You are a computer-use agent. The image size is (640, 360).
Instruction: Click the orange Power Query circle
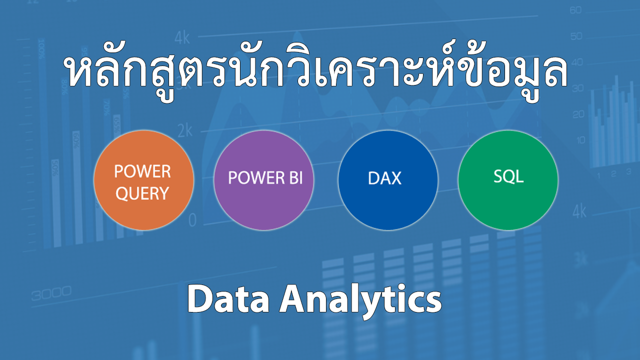[143, 180]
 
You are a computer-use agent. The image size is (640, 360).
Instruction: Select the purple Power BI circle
[263, 180]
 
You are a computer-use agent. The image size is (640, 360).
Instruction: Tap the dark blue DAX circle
[388, 180]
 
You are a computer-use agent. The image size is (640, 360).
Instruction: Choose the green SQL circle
[508, 180]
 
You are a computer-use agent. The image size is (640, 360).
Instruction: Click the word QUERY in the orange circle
[142, 193]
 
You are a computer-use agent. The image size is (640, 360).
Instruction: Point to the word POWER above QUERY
[142, 171]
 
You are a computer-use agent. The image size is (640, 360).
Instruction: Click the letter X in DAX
[395, 178]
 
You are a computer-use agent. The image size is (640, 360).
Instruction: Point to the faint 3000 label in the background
[51, 293]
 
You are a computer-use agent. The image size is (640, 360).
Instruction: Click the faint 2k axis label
[185, 130]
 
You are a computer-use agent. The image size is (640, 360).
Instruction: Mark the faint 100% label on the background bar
[41, 49]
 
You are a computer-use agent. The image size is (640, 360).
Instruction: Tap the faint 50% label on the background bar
[55, 169]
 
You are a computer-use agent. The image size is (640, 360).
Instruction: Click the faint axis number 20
[578, 114]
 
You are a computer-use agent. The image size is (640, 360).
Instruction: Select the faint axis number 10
[580, 140]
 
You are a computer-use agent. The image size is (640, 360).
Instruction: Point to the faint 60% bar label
[76, 140]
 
